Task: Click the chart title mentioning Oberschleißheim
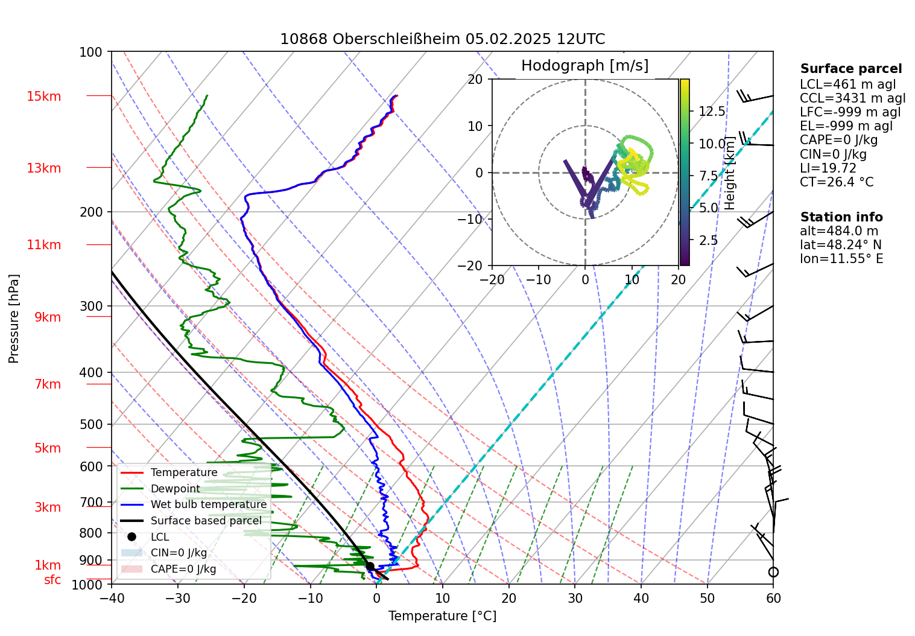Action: pyautogui.click(x=442, y=39)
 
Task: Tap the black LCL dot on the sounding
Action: pyautogui.click(x=370, y=567)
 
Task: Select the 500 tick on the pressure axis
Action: pyautogui.click(x=91, y=425)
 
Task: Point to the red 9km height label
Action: pyautogui.click(x=48, y=317)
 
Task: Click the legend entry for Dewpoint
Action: pyautogui.click(x=175, y=489)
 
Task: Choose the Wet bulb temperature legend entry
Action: pyautogui.click(x=208, y=504)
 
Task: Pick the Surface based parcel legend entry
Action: pyautogui.click(x=206, y=521)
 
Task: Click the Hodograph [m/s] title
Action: pyautogui.click(x=584, y=66)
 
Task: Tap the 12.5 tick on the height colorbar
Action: pyautogui.click(x=712, y=112)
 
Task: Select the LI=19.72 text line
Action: pyautogui.click(x=828, y=168)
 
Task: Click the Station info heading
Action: pyautogui.click(x=841, y=217)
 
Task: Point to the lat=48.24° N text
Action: pyautogui.click(x=840, y=245)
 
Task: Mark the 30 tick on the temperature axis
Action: pyautogui.click(x=575, y=598)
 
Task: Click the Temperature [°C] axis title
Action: pyautogui.click(x=442, y=616)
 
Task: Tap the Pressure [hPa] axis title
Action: pyautogui.click(x=14, y=319)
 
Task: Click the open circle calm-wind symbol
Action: pyautogui.click(x=773, y=572)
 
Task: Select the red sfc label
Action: pyautogui.click(x=52, y=580)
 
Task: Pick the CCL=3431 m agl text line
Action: pyautogui.click(x=852, y=98)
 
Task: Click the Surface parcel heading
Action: pyautogui.click(x=850, y=69)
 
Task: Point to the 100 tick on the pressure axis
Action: pyautogui.click(x=91, y=52)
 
